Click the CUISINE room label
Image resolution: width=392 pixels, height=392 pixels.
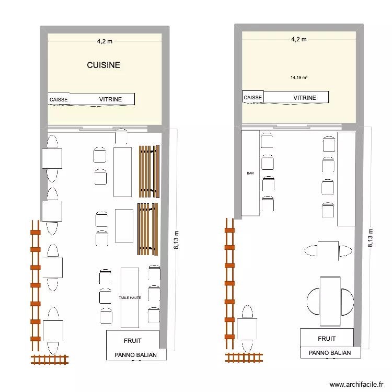(103, 65)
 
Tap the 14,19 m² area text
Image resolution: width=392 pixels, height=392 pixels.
(298, 77)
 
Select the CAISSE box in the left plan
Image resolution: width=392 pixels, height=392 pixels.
(58, 99)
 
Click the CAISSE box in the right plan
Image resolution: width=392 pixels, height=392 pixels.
(253, 97)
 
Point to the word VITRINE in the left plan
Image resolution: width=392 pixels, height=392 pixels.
(110, 99)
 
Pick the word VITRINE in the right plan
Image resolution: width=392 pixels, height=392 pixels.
(304, 98)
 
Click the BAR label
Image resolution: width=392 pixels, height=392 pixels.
(250, 173)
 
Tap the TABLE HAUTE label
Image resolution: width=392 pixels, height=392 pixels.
(130, 297)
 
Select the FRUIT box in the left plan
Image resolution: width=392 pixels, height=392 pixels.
(133, 340)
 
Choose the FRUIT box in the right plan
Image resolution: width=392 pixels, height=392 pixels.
(327, 338)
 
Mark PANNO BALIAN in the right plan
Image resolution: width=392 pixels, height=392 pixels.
(330, 353)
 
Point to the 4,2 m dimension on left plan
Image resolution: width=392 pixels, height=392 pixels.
(105, 40)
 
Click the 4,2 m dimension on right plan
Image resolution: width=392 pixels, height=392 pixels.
(298, 39)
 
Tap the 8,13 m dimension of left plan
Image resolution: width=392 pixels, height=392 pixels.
(176, 240)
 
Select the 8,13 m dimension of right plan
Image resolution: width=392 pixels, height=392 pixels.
(371, 238)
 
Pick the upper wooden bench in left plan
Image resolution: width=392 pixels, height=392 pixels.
(148, 171)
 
